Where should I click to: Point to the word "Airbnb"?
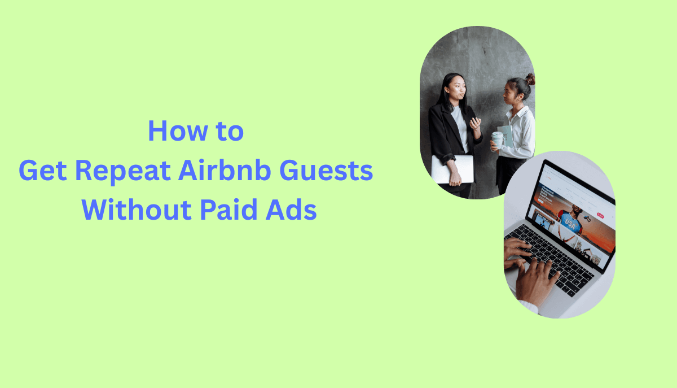coord(226,171)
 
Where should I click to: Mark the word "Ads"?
coord(293,211)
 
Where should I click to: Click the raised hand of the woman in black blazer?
coord(476,123)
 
